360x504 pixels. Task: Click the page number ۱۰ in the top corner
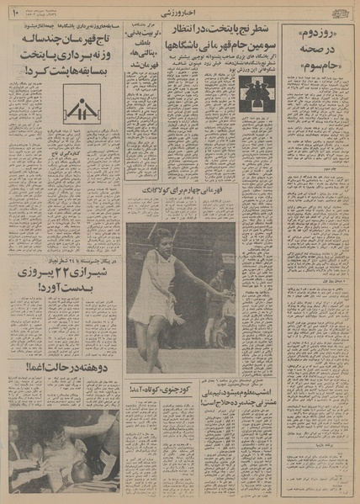pos(15,12)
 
